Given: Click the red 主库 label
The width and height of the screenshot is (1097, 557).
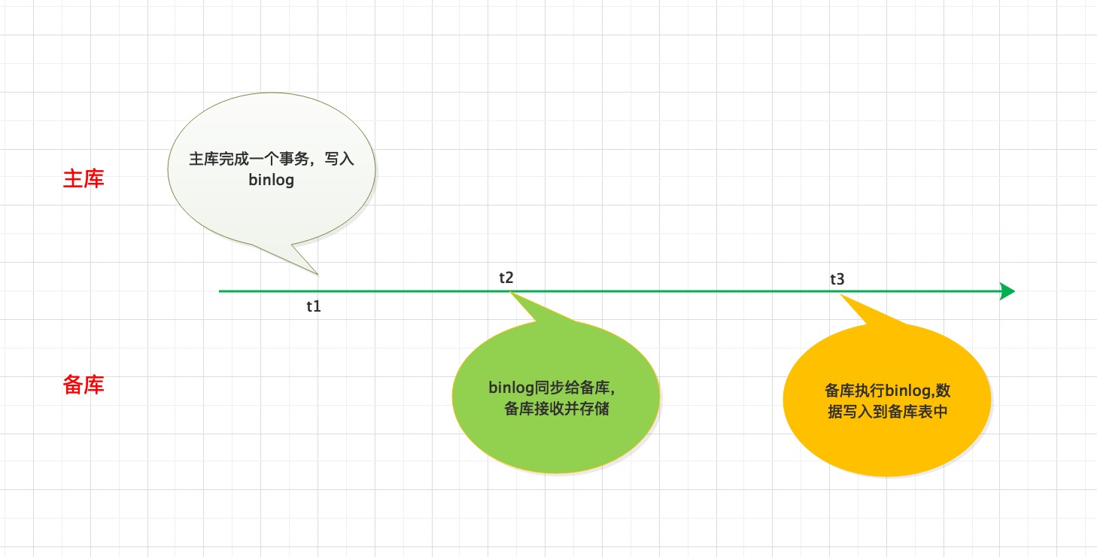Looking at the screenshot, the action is pos(84,179).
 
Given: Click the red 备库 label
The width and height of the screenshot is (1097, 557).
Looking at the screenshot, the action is pos(84,385).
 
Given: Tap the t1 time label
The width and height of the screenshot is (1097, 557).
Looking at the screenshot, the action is pos(314,306).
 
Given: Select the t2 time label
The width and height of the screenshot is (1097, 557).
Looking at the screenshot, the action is pos(506,278).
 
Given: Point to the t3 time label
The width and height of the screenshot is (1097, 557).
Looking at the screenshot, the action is pos(837,279).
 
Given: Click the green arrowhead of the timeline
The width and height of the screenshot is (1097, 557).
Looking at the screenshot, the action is pos(1007,291).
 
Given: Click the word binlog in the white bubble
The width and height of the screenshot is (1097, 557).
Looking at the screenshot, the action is pos(272,180).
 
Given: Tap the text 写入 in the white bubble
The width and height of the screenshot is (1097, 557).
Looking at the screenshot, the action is pos(339,159).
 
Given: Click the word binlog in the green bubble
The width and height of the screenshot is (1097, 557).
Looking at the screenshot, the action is pos(512,388).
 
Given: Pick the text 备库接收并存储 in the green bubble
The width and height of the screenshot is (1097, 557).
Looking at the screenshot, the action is pos(557,409).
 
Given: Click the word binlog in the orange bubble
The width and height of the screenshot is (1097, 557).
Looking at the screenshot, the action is pos(907,391).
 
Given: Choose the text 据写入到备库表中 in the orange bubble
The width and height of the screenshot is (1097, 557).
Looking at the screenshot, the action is pos(887,412).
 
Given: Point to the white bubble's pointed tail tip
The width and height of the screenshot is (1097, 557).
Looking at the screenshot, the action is pos(318,274).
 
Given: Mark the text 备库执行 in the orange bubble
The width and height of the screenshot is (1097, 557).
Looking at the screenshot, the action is pos(855,391).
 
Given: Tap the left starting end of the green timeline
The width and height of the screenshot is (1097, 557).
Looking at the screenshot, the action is pos(220,291).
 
